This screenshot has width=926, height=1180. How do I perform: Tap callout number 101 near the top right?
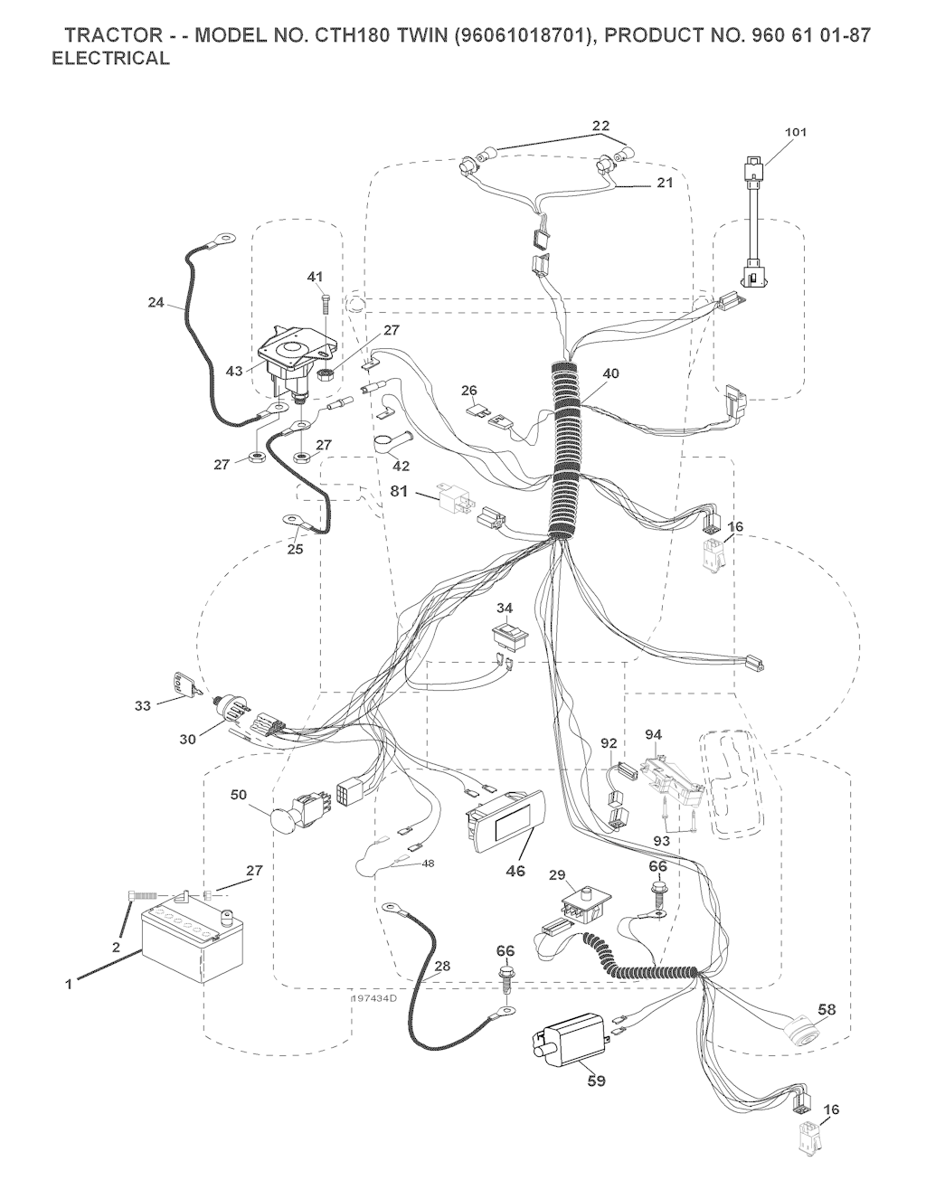[795, 132]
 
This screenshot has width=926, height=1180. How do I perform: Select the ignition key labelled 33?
[184, 684]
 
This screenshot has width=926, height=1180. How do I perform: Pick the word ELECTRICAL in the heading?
[111, 58]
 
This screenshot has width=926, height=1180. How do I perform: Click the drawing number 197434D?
[374, 998]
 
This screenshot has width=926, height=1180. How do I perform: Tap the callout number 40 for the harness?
[609, 373]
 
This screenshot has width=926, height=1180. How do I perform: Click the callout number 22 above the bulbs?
[600, 126]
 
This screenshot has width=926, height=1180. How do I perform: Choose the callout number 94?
[654, 735]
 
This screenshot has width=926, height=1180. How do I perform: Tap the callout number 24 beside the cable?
[156, 303]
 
